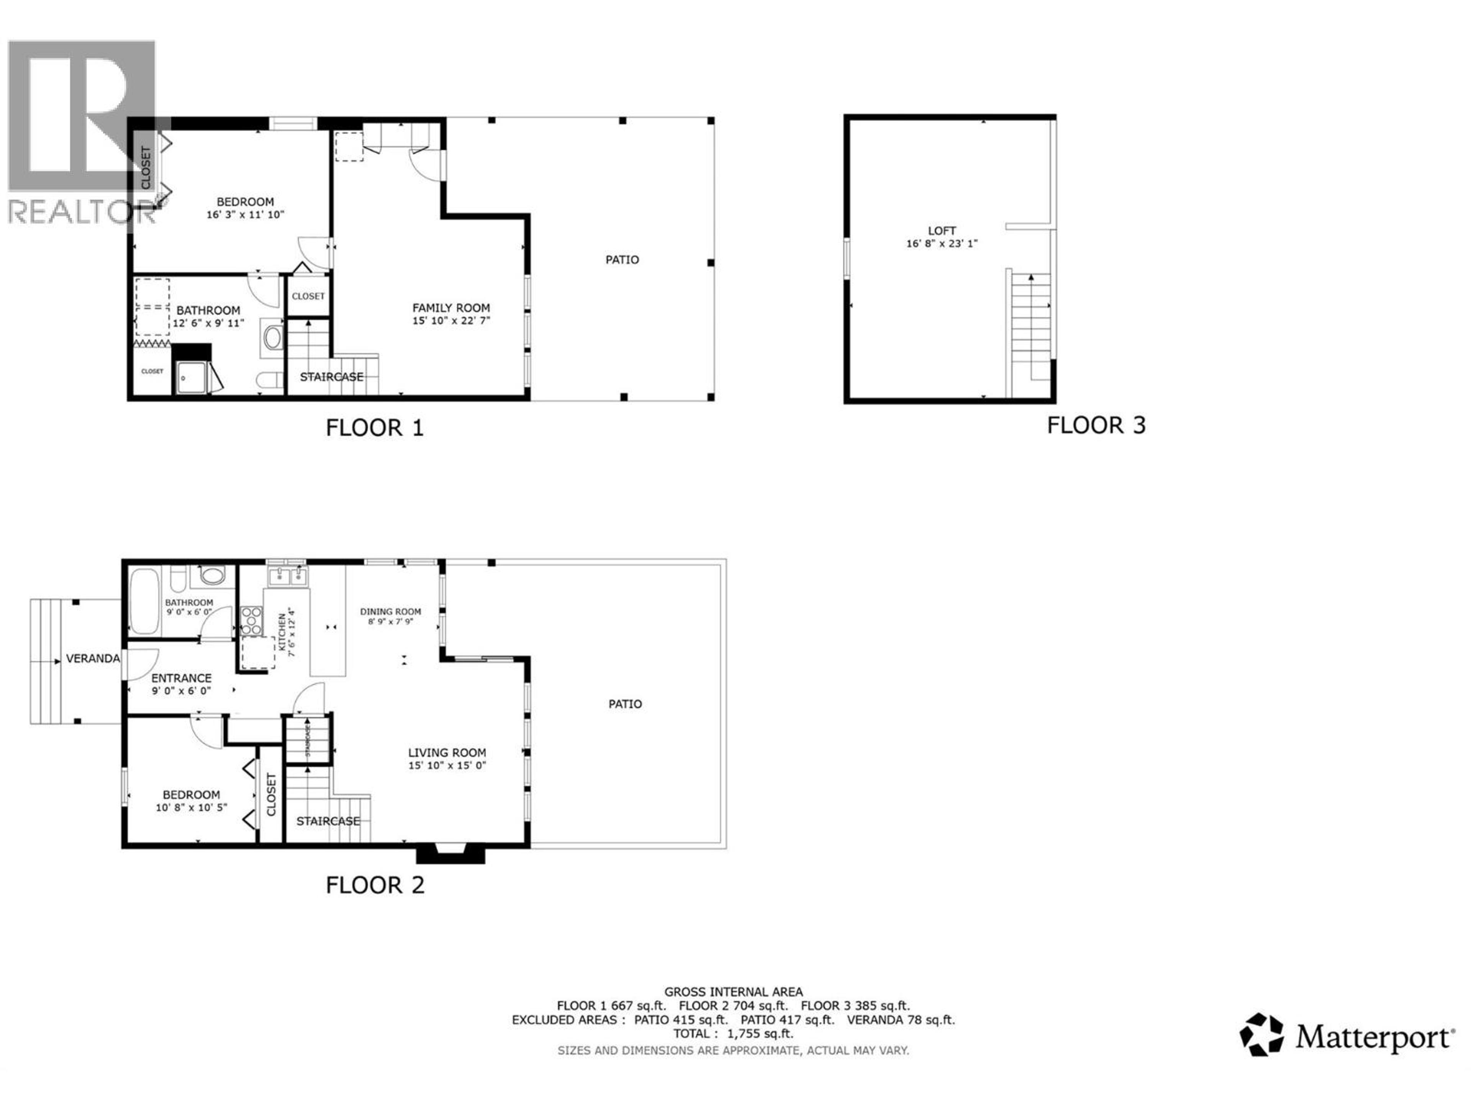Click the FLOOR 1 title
(374, 427)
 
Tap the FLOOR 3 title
(1096, 425)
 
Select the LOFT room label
(942, 231)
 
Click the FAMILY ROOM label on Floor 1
(451, 308)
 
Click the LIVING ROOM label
(447, 753)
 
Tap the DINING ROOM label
(390, 612)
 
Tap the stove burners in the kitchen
(251, 621)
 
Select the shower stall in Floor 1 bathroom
(192, 377)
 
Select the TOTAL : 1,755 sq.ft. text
(733, 1034)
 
